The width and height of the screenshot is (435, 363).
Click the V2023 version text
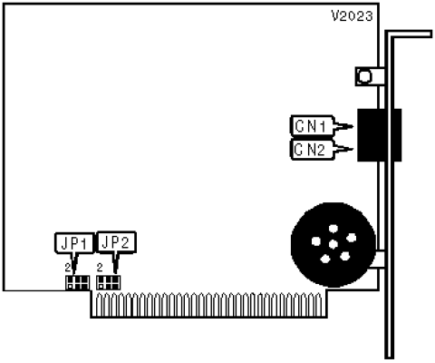click(x=353, y=16)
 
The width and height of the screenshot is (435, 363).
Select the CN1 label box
click(x=312, y=125)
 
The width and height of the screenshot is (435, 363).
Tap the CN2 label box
click(x=312, y=150)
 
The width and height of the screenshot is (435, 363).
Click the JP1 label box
click(x=74, y=242)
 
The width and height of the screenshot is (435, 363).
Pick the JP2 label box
click(x=116, y=242)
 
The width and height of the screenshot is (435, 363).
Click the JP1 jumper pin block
click(x=78, y=282)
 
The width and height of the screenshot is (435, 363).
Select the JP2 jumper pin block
click(x=108, y=282)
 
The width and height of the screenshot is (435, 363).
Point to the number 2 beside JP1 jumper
click(x=68, y=268)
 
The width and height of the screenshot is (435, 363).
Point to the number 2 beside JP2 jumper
click(x=100, y=268)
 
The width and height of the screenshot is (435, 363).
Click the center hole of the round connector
click(x=333, y=244)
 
